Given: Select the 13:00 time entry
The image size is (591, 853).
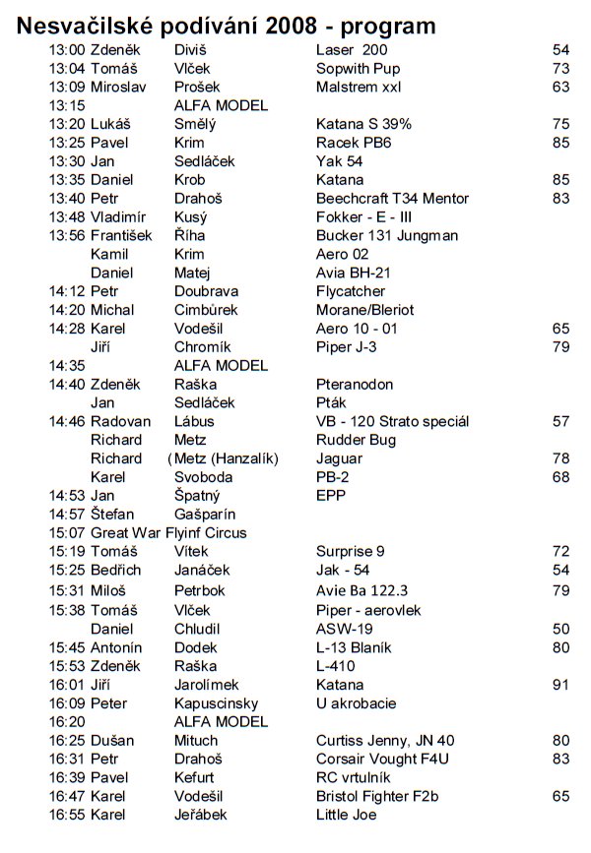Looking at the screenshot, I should [x=67, y=48].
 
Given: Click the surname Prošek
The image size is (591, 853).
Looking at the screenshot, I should [x=197, y=86].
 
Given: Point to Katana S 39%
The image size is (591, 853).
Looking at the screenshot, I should [x=363, y=124].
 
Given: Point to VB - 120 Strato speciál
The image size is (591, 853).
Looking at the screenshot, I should [x=392, y=421].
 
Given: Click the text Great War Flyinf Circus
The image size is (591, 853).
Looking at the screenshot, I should [x=168, y=533].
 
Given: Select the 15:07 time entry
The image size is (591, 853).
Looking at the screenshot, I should [x=67, y=533].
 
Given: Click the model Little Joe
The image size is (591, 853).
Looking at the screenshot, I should [x=346, y=815].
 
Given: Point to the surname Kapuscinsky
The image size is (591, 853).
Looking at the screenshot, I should [x=216, y=703].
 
